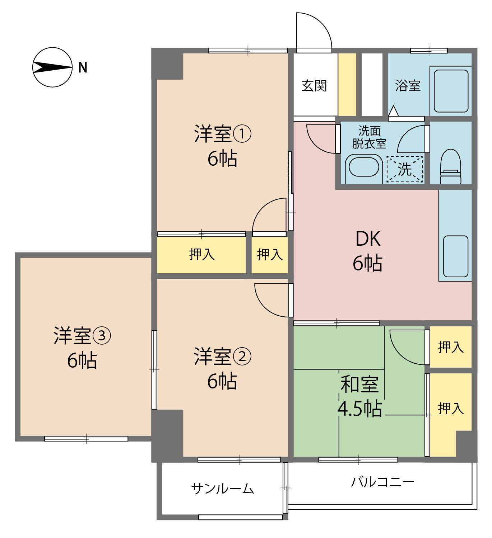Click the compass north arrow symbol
point(52,67)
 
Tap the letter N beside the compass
point(83,67)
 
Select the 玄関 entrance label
point(314,86)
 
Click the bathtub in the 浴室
point(451,91)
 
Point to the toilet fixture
point(451,166)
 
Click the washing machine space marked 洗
point(404,169)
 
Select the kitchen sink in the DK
point(456,256)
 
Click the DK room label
point(368,239)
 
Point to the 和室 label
point(359,384)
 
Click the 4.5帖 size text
point(359,409)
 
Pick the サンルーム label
point(222,489)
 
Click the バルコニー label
point(382,482)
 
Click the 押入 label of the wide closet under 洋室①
point(202,254)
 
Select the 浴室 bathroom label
point(408,86)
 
